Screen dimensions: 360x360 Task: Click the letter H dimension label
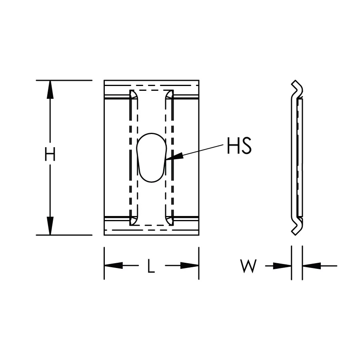pos(50,154)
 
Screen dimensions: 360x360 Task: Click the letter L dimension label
pos(151,266)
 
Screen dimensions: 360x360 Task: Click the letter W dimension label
pos(248,266)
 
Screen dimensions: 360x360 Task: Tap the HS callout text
pos(239,146)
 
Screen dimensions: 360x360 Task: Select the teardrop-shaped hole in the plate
pos(151,158)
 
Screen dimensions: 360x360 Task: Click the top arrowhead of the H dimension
pos(50,90)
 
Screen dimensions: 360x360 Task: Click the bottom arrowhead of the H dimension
pos(50,226)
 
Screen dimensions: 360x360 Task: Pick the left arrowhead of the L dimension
pos(114,266)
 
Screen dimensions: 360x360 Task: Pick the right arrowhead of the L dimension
pos(190,266)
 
